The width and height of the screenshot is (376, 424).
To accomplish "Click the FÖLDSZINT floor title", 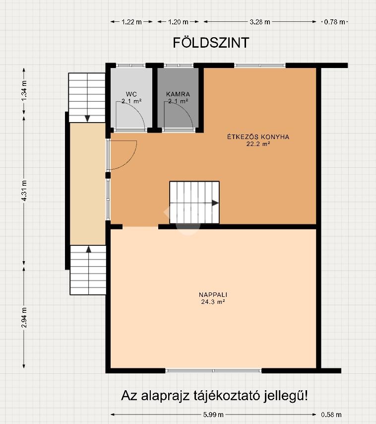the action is tap(211, 43).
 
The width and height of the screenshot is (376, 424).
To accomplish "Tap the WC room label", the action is tap(131, 94).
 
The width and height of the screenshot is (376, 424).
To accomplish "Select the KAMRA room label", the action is tap(178, 94).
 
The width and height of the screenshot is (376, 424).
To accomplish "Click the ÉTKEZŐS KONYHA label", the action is tap(258, 137).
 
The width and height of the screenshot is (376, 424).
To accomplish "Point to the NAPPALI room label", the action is tap(213, 295).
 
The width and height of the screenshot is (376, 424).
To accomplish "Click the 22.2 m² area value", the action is tap(258, 144).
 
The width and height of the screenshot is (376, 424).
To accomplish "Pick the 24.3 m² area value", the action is tap(213, 302).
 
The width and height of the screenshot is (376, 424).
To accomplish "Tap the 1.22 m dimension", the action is tap(131, 22).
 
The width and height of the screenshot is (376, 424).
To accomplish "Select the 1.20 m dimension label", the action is tap(178, 22).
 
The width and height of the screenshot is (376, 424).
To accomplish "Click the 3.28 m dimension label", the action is tap(260, 22).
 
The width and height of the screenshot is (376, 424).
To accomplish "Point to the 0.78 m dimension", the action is tap(334, 22).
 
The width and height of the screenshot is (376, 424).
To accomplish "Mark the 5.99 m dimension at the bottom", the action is tap(213, 414).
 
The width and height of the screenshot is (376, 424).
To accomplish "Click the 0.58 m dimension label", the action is tap(331, 414).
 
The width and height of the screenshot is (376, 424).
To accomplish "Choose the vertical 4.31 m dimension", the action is tap(24, 191).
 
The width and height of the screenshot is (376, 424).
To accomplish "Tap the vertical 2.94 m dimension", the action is tap(24, 317).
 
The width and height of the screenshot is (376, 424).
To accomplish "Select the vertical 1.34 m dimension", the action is tap(24, 91).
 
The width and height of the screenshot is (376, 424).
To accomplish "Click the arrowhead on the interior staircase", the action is tap(215, 203).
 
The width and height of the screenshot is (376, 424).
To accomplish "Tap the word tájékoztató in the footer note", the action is tap(227, 396).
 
